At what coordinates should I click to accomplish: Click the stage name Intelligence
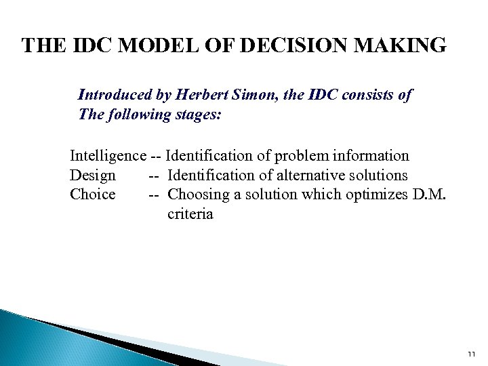(x=108, y=156)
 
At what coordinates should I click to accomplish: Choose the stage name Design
(x=92, y=176)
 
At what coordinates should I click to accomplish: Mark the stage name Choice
(x=92, y=195)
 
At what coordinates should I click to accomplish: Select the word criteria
(x=190, y=214)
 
